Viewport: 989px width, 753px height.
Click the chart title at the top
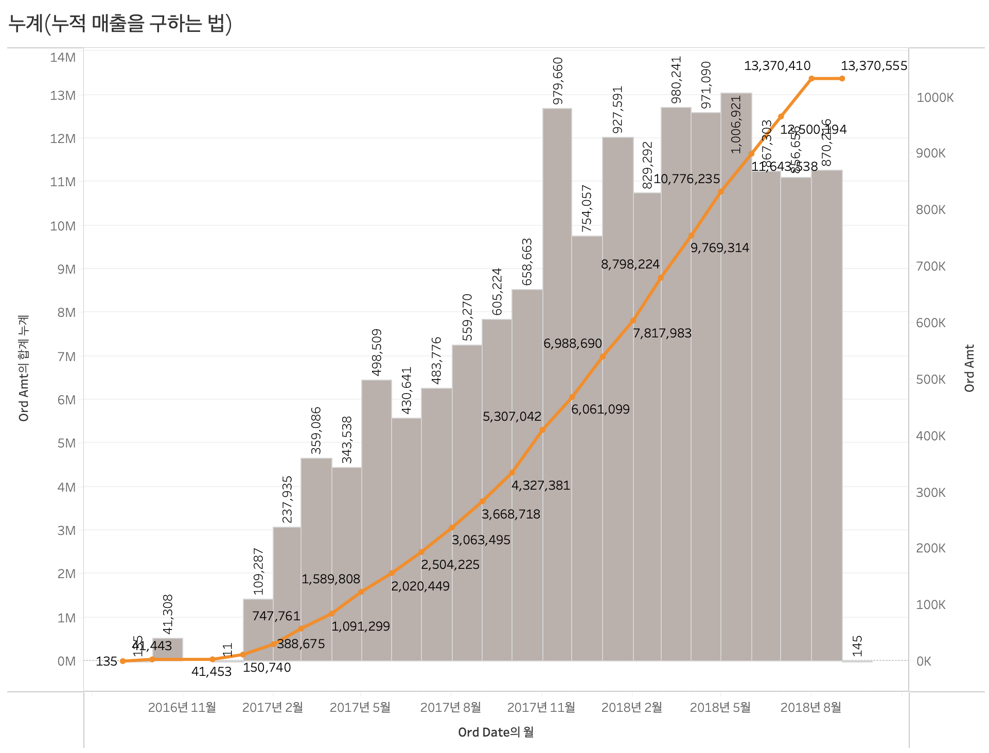click(x=120, y=24)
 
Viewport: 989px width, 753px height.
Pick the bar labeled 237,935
click(x=287, y=591)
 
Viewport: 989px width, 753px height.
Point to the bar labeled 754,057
click(x=587, y=447)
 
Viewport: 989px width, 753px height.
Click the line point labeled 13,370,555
click(x=842, y=79)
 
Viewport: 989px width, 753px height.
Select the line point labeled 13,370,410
click(x=811, y=79)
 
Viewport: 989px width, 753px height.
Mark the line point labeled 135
click(x=122, y=661)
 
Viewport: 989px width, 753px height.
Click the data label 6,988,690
click(x=572, y=343)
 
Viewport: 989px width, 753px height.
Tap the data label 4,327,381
click(x=540, y=485)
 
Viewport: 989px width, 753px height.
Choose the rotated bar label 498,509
click(x=377, y=352)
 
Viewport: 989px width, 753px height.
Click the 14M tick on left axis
click(x=63, y=57)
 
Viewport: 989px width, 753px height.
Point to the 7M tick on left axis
click(x=66, y=356)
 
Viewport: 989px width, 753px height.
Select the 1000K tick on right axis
click(x=934, y=98)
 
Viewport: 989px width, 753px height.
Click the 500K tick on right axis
click(x=930, y=380)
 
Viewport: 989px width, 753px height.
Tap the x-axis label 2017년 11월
click(x=541, y=707)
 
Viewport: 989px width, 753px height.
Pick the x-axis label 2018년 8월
click(x=810, y=707)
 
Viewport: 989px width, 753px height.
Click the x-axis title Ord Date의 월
click(x=496, y=732)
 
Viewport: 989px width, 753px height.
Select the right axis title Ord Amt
click(x=969, y=368)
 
